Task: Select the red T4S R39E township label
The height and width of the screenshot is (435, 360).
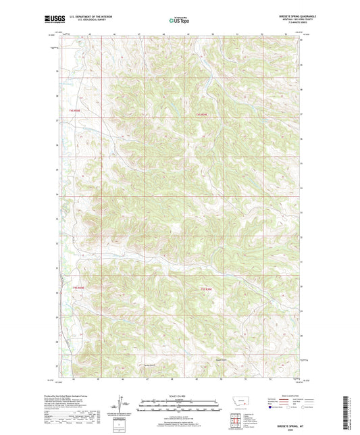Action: [x=200, y=116]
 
